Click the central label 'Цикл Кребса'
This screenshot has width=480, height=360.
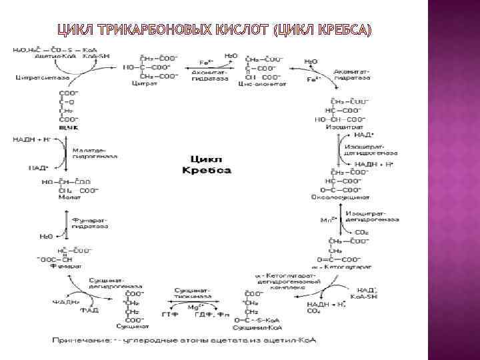tap(207, 166)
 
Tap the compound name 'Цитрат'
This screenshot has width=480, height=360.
tap(143, 85)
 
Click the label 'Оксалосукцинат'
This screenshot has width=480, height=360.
tap(345, 197)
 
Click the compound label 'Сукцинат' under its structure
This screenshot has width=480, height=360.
tap(128, 327)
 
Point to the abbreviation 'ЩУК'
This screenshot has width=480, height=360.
tap(69, 126)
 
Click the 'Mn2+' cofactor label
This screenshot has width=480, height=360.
tap(327, 219)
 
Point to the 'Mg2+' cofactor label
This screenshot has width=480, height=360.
tap(194, 307)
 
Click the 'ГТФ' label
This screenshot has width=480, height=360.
tap(169, 314)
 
